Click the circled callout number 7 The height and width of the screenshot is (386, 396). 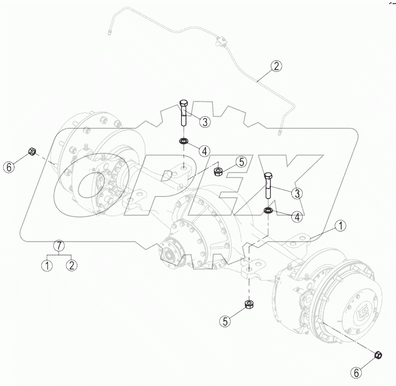59,245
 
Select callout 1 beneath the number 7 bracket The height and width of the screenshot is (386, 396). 47,265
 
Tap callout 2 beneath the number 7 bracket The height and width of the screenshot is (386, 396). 72,265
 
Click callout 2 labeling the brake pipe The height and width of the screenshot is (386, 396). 276,66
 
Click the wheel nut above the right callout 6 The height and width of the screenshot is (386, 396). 378,355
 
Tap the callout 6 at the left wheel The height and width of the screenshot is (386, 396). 8,168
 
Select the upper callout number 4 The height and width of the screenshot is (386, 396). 205,150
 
